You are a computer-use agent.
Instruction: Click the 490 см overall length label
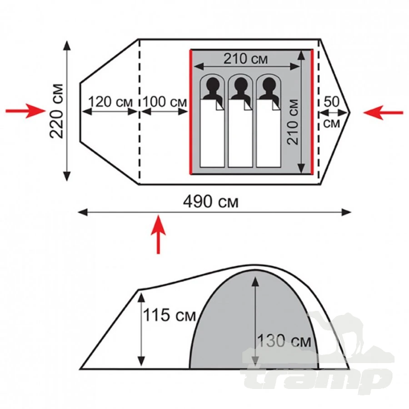point(211,202)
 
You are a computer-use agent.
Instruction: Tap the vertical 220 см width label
point(57,111)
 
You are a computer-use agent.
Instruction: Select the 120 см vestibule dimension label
point(110,102)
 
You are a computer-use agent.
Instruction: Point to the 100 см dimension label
point(165,102)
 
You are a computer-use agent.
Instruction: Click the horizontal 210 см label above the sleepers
point(246,59)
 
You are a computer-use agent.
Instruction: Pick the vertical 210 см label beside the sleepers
point(293,122)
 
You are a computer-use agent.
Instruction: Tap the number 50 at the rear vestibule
point(332,101)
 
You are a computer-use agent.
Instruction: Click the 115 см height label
point(170,315)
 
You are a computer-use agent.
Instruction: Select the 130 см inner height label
point(284,341)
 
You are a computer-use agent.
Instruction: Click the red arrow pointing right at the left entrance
point(25,111)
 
